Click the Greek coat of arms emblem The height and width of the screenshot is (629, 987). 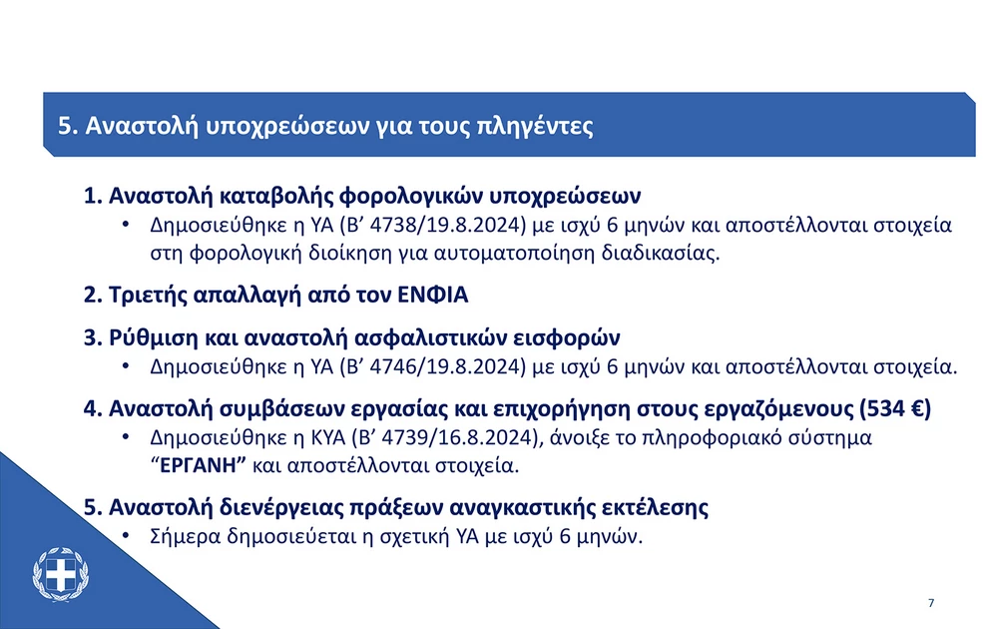point(61,575)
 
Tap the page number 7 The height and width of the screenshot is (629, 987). point(931,603)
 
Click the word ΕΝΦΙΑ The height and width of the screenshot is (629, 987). point(433,295)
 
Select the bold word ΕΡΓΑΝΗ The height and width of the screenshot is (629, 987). point(202,466)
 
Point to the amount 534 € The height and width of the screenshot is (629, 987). point(895,408)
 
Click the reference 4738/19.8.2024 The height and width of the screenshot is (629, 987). point(447,225)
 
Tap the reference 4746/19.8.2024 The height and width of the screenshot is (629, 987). point(447,366)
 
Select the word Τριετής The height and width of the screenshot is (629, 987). point(148,295)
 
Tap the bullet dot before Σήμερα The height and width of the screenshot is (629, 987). point(126,536)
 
